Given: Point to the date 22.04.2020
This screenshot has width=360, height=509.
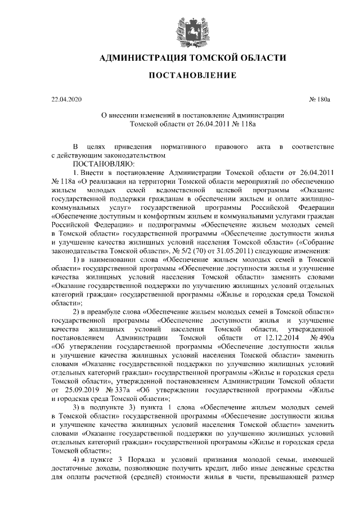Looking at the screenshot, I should pyautogui.click(x=66, y=100).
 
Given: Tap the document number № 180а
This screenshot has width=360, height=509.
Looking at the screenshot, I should pyautogui.click(x=321, y=100).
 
